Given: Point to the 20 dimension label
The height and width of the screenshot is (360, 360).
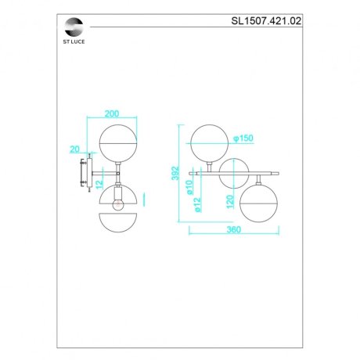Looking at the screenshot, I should [75, 148].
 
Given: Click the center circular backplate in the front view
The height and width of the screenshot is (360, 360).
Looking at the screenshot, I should [233, 173].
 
